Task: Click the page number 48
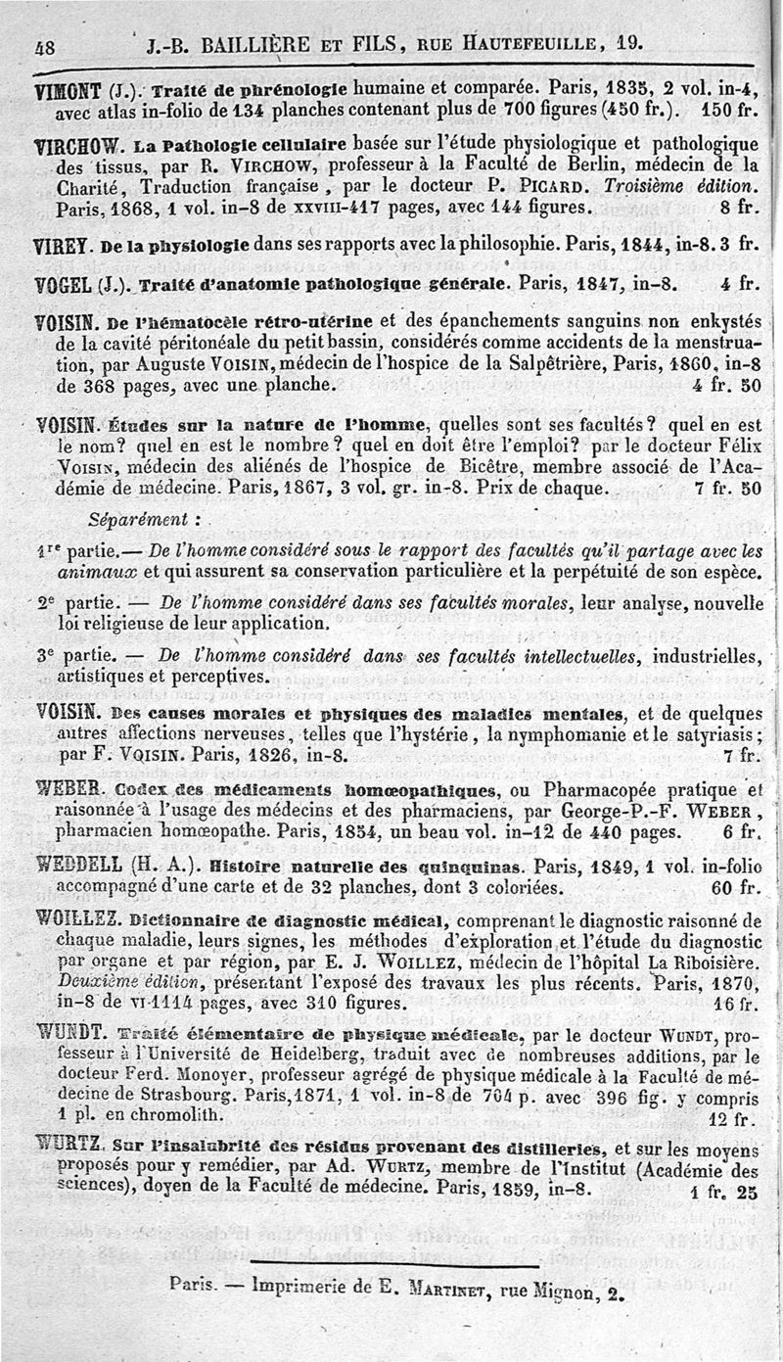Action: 44,44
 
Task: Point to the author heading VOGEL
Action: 63,285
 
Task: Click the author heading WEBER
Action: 66,789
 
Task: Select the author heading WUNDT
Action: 69,1030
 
